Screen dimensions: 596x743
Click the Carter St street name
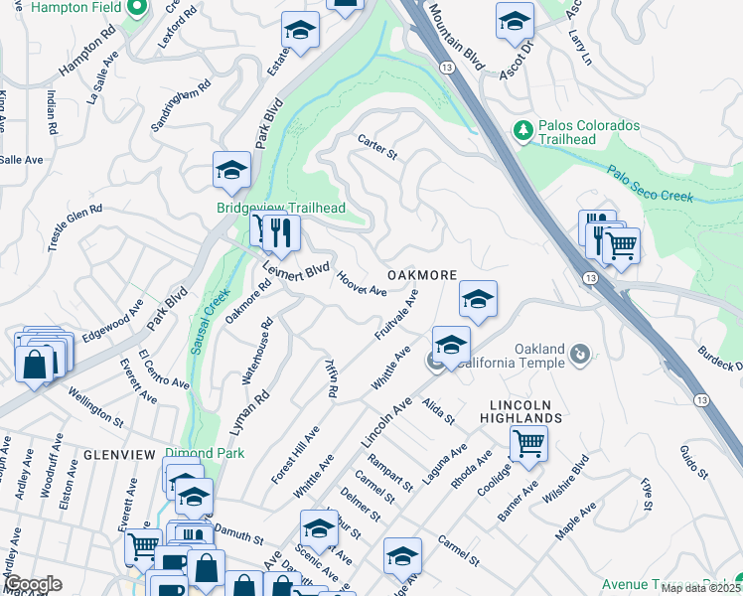[x=377, y=150]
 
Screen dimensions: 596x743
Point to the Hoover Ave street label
[x=362, y=284]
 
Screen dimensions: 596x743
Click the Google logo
[x=32, y=584]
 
